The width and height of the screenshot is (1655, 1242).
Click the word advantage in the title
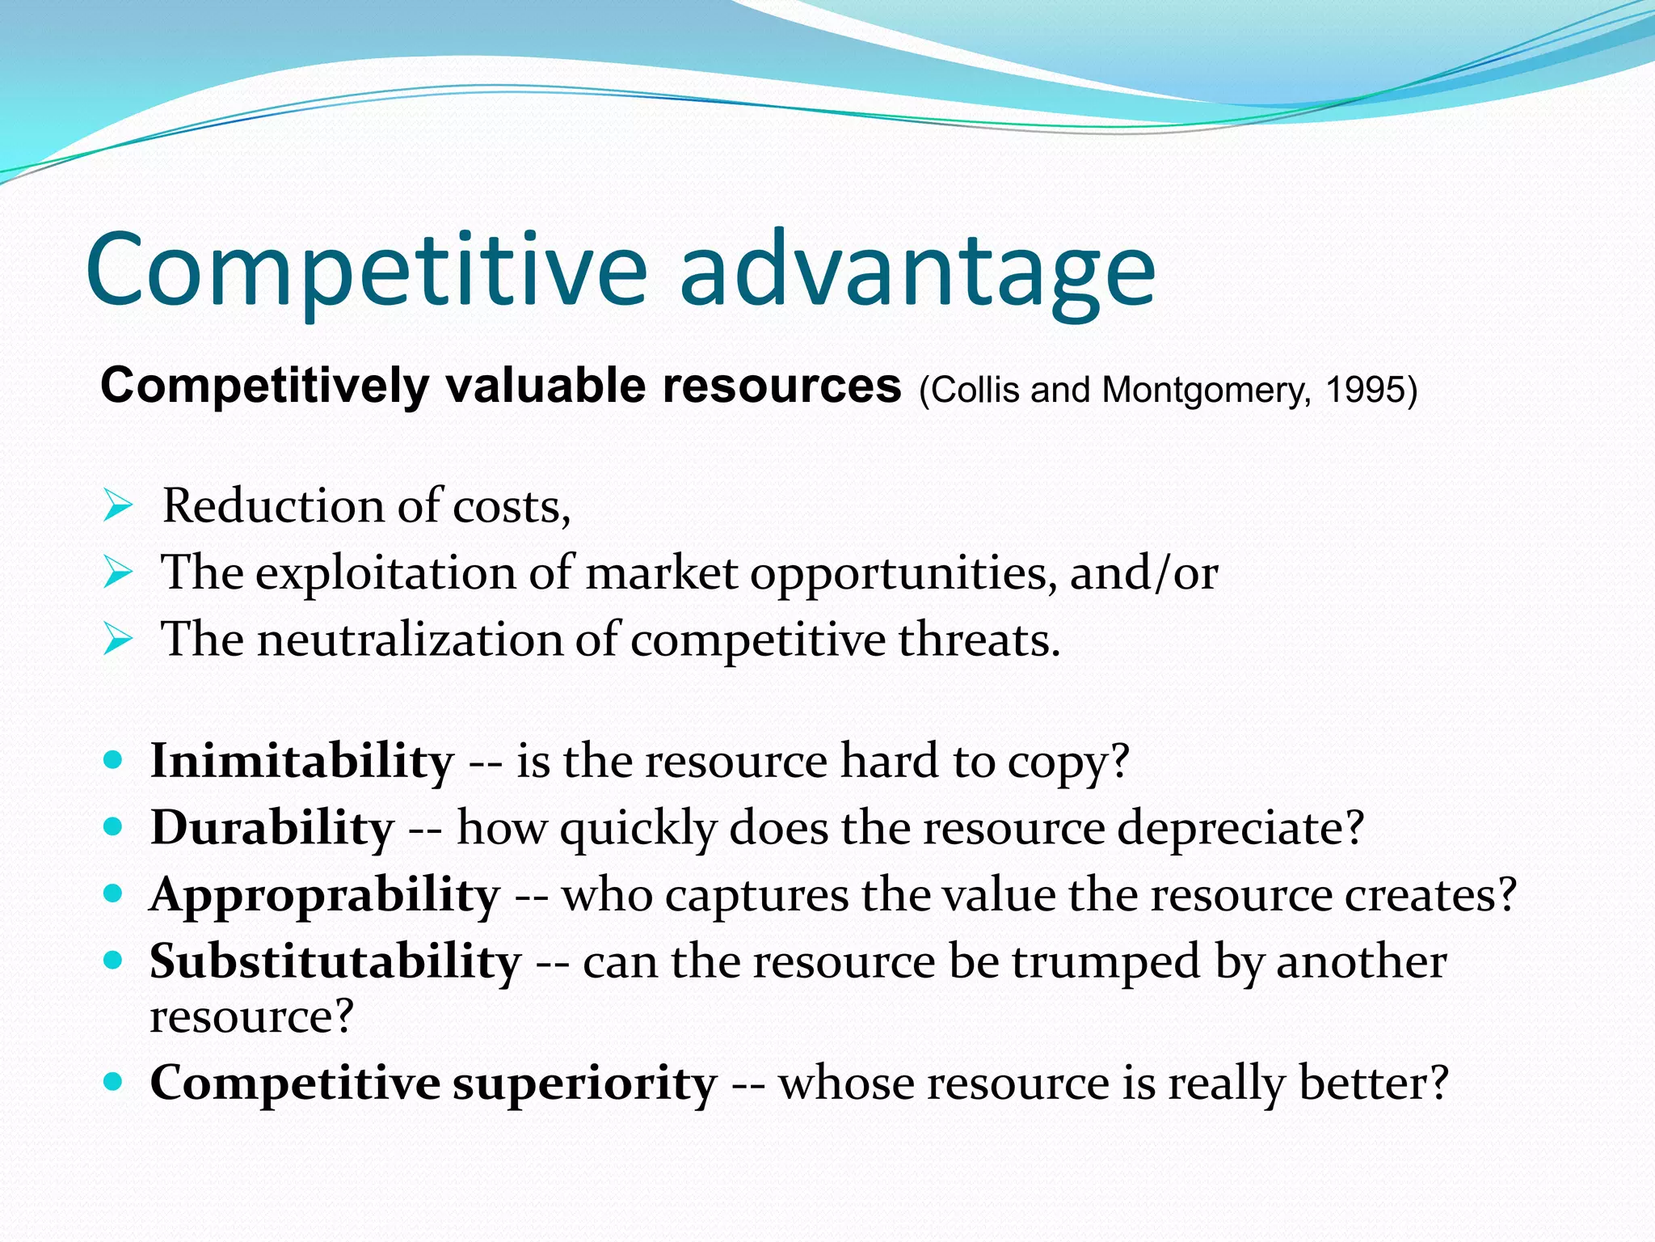click(917, 271)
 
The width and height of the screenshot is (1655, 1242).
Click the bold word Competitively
click(264, 387)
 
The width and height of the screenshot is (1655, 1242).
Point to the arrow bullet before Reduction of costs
click(118, 508)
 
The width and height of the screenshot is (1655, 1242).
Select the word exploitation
click(385, 573)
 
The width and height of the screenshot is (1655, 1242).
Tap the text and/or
click(1143, 573)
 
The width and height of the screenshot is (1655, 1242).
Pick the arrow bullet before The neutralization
click(118, 641)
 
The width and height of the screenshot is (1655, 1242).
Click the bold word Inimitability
click(302, 763)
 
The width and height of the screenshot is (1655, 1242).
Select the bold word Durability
click(272, 829)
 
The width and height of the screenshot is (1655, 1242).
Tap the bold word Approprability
click(325, 896)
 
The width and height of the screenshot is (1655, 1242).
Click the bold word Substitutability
click(335, 962)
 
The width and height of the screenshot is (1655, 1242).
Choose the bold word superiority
click(584, 1084)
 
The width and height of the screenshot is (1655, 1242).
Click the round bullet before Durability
click(113, 827)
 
